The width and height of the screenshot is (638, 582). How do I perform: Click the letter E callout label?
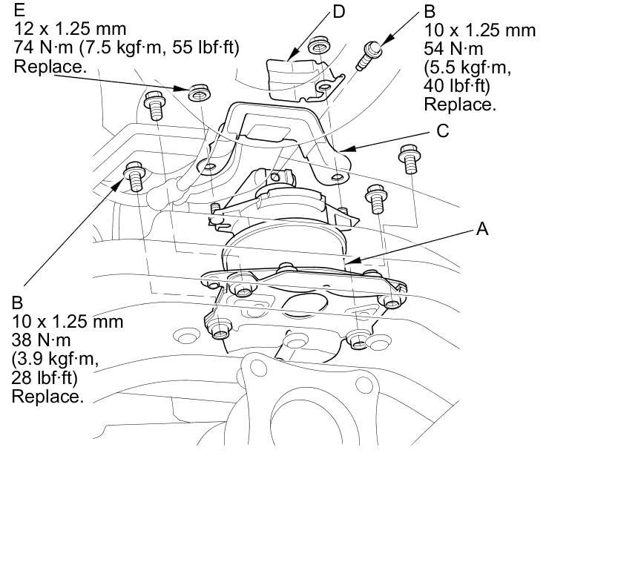click(x=19, y=10)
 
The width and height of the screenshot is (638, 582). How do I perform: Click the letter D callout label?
click(x=338, y=12)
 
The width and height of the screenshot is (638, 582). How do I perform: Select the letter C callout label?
click(x=443, y=131)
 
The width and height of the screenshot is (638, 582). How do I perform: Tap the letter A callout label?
click(x=482, y=229)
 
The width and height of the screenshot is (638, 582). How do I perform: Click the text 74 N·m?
click(x=43, y=47)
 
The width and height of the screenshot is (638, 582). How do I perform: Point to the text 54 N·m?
click(x=453, y=49)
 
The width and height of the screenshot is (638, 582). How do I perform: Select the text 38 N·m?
click(x=41, y=340)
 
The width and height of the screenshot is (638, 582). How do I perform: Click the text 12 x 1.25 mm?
click(x=70, y=29)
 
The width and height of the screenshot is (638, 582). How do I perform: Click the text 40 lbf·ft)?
click(x=457, y=86)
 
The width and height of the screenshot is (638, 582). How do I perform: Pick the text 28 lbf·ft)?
click(x=45, y=378)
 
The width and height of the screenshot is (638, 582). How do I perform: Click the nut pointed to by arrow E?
click(x=199, y=93)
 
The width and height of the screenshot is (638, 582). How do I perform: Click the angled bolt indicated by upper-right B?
click(x=368, y=56)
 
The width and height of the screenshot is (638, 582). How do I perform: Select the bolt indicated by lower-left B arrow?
click(x=134, y=176)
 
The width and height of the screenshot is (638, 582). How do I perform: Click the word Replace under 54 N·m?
click(x=460, y=105)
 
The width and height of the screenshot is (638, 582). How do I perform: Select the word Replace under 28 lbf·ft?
click(x=47, y=397)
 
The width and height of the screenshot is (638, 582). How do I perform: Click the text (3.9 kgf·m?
click(x=56, y=359)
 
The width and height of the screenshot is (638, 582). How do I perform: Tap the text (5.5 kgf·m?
click(x=467, y=67)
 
